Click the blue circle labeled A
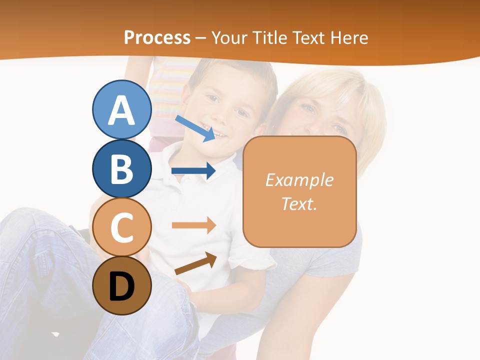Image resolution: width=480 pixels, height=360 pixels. (122, 110)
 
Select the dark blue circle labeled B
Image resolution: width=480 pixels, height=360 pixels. (122, 168)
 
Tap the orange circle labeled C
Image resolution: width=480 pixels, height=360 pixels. (122, 227)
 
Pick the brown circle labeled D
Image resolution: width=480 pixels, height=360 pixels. (122, 285)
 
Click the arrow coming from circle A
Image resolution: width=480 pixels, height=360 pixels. (194, 128)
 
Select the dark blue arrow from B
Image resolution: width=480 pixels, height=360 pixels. (193, 171)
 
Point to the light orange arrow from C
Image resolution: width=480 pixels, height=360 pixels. (193, 225)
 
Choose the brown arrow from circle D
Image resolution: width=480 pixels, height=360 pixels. (195, 263)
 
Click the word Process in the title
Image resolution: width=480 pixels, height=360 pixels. (157, 38)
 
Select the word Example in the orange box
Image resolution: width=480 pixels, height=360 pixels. (299, 180)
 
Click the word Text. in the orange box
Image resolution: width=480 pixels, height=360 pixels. (299, 203)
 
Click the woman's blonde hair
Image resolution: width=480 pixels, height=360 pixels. (320, 85)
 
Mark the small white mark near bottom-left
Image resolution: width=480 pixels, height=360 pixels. (55, 333)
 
